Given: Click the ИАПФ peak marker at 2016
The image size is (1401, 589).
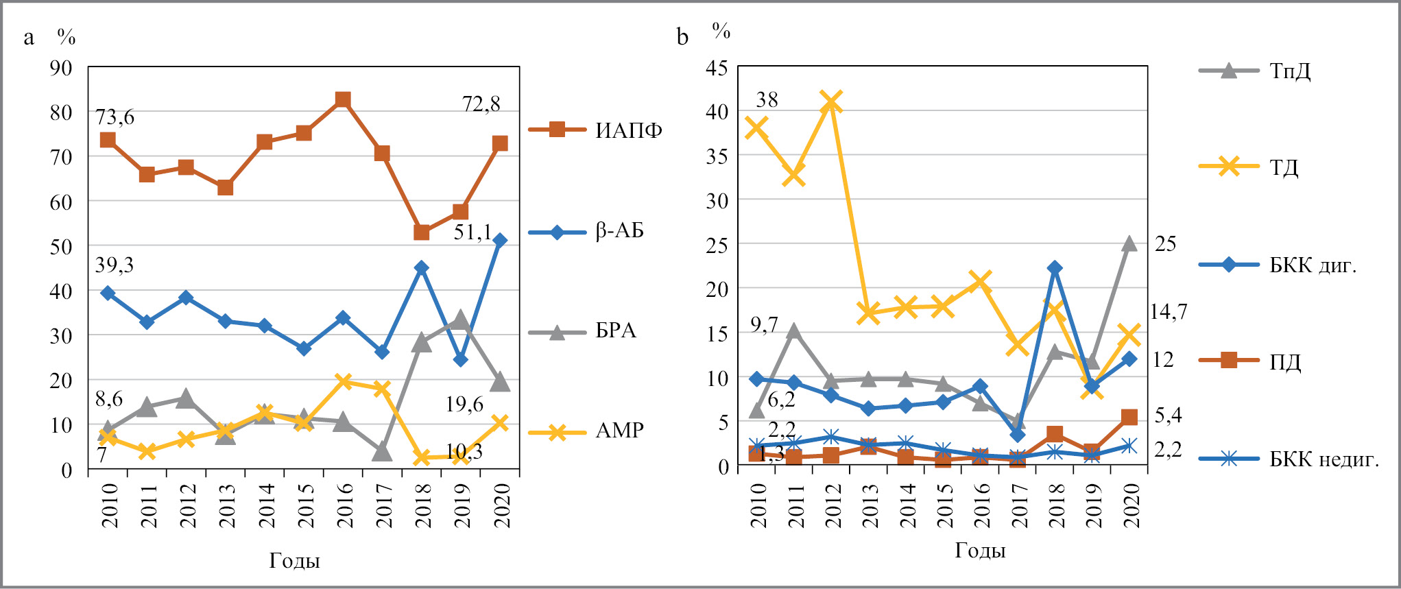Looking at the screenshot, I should click(x=343, y=100).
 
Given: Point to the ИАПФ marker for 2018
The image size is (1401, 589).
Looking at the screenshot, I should click(x=422, y=232).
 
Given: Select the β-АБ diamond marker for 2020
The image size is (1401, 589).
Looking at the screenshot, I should click(x=500, y=241).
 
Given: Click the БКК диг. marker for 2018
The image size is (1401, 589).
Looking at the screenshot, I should click(x=1055, y=268).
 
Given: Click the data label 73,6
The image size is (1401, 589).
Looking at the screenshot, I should click(x=115, y=117).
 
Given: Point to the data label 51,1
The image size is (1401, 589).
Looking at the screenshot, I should click(x=472, y=232).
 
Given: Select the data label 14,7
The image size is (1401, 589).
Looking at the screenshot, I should click(x=1169, y=312).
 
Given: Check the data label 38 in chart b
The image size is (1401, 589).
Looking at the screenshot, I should click(x=767, y=100).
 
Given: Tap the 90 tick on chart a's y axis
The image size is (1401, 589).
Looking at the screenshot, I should click(x=61, y=68).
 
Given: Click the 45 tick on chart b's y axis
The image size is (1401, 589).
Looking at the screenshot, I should click(x=717, y=68).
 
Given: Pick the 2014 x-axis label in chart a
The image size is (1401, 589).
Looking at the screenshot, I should click(x=265, y=505).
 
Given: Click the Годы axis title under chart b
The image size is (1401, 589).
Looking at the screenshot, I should click(x=980, y=551).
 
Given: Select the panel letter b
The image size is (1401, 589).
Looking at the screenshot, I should click(x=682, y=36).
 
